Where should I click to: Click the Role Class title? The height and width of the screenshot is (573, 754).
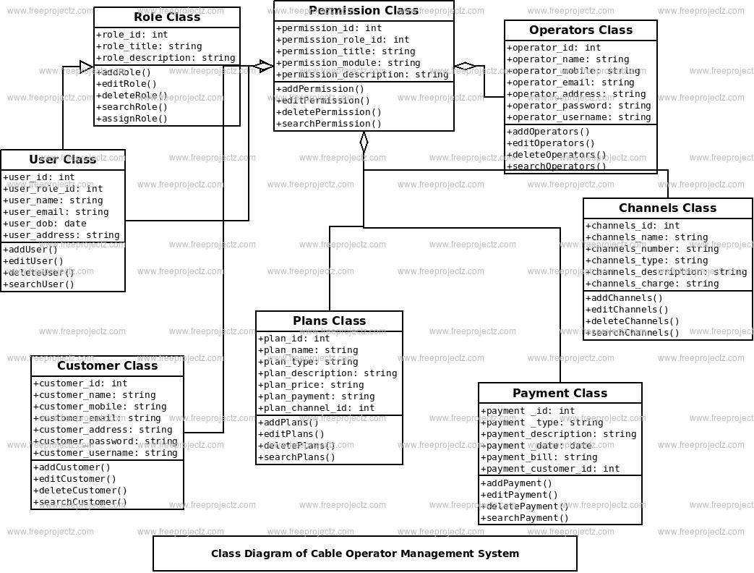coord(167,17)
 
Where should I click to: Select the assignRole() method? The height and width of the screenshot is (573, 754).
coord(132,119)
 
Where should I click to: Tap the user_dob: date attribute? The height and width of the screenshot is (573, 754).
coord(45,224)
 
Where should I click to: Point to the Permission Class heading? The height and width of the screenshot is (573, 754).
coord(364,11)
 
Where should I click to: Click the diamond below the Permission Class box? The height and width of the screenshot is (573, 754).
coord(364,142)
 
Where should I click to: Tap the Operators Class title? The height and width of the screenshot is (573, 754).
coord(581,30)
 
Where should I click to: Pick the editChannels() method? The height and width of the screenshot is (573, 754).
coord(627,310)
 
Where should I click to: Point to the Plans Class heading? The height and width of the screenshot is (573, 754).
coord(329,321)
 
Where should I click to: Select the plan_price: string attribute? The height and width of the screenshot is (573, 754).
coord(312,385)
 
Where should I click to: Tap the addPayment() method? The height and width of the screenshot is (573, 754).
coord(516,483)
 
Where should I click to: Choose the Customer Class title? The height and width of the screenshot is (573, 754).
coord(107,366)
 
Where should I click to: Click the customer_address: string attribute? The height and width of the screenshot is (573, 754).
coord(103,430)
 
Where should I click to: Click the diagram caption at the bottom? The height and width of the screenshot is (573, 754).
coord(365,553)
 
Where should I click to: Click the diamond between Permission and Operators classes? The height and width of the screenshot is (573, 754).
coord(465,67)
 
